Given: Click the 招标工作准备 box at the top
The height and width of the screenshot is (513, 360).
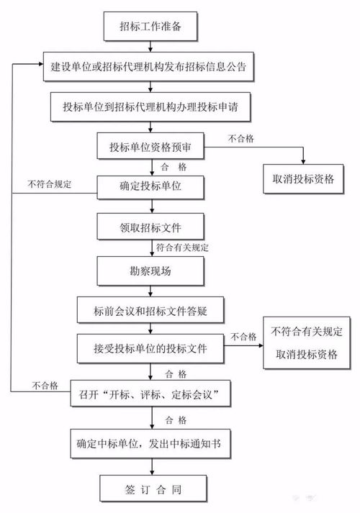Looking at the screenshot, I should tap(150, 28).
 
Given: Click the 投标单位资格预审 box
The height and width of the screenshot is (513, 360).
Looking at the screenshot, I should tap(150, 147).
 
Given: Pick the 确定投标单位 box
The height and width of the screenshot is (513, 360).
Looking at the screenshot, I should tap(150, 188).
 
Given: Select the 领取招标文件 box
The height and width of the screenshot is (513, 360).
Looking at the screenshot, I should tap(150, 229).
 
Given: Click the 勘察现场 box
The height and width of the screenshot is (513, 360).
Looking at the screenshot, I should tap(150, 271).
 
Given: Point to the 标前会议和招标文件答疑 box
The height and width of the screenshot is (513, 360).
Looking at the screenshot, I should tap(150, 311).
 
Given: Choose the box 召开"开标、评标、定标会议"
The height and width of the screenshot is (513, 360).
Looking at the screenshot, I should tap(150, 394).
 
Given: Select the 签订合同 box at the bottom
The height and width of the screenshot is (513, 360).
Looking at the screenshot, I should tap(150, 489).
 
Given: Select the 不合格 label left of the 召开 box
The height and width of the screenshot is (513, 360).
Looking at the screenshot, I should tap(45, 386).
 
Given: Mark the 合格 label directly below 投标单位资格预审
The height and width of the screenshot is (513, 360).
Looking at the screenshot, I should tap(172, 166).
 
